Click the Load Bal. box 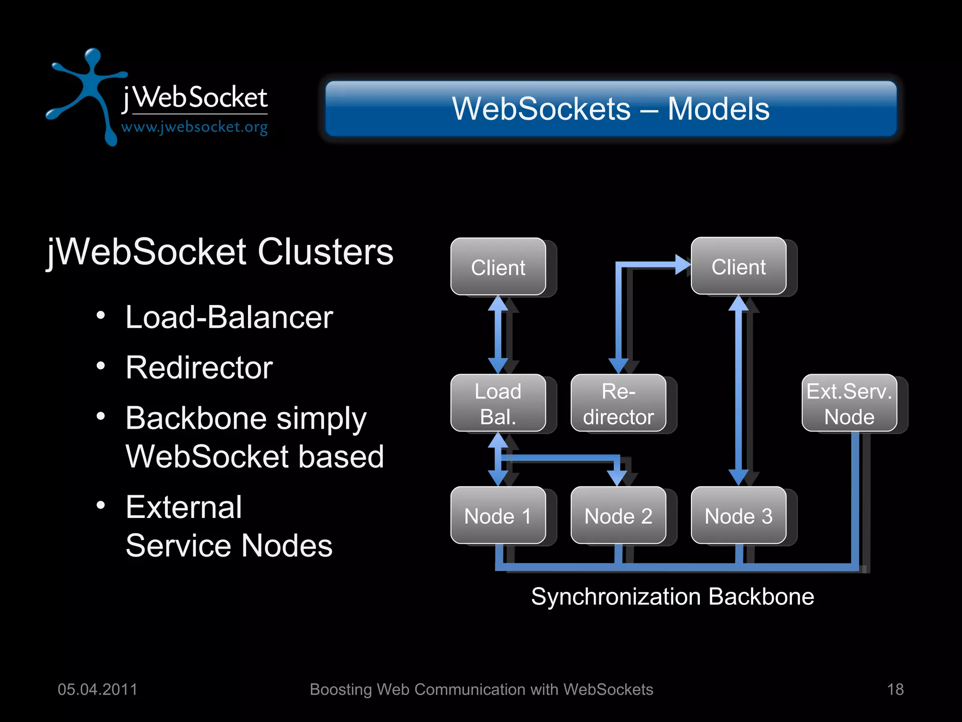click(x=498, y=403)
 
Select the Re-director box click(x=618, y=403)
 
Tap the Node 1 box click(x=498, y=515)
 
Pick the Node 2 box click(x=618, y=515)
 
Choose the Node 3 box click(x=738, y=515)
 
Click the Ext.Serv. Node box click(x=849, y=403)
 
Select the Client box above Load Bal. click(x=498, y=267)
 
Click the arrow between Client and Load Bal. click(x=498, y=335)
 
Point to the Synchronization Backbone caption click(x=672, y=596)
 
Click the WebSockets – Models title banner click(x=611, y=109)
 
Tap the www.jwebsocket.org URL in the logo click(x=194, y=127)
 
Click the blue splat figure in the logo click(x=89, y=89)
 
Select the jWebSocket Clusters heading click(x=220, y=252)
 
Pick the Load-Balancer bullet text click(x=229, y=317)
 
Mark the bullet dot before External click(x=101, y=505)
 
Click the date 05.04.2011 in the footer click(x=97, y=689)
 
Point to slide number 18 click(x=895, y=689)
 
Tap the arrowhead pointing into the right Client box click(x=683, y=265)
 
